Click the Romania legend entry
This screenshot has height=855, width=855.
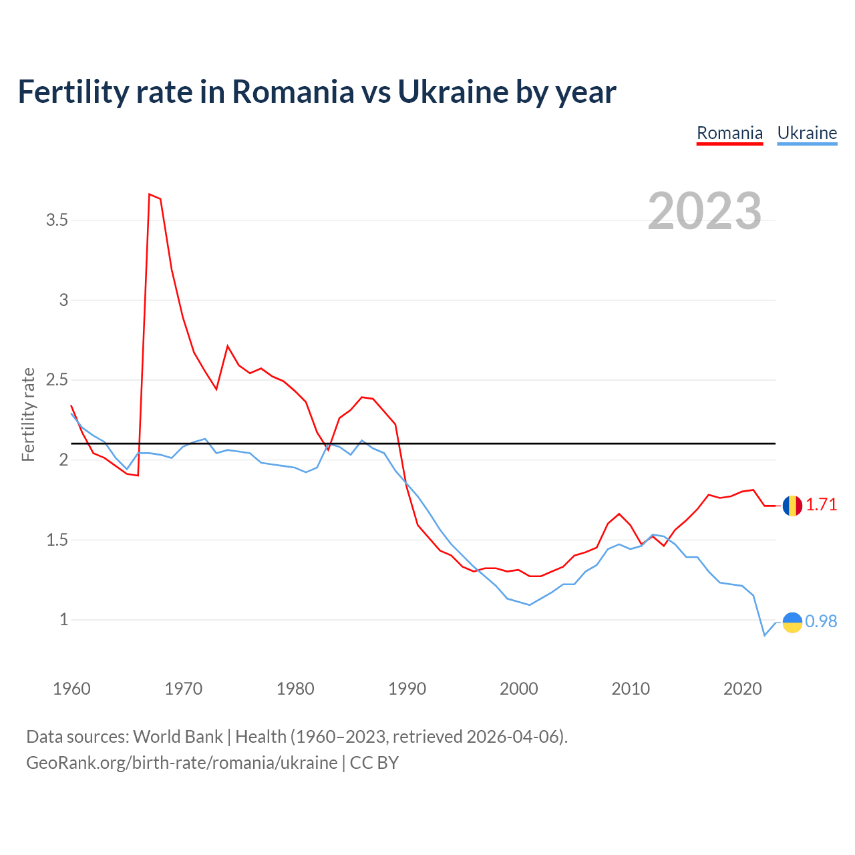[x=729, y=133]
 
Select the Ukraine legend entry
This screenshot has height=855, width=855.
[x=807, y=133]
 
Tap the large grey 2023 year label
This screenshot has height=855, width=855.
[x=705, y=211]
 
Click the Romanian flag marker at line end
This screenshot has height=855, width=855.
[x=792, y=506]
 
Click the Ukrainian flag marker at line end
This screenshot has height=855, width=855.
[x=792, y=622]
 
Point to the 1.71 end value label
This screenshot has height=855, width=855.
[x=821, y=505]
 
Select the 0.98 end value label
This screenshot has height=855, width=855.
[x=821, y=622]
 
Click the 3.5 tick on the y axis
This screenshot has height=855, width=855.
[x=57, y=220]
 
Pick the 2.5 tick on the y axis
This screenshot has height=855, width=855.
[x=57, y=380]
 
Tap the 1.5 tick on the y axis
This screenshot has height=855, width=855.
[x=57, y=540]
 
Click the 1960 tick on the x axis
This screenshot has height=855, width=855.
[x=71, y=689]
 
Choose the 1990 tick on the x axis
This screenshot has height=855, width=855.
[x=407, y=689]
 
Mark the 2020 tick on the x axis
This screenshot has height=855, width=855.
[x=742, y=689]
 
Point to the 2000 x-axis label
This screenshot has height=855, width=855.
[x=518, y=689]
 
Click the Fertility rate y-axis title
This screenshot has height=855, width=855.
[x=28, y=414]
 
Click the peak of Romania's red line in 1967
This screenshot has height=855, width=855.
[x=150, y=194]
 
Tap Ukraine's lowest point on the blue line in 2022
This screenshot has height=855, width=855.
[x=765, y=635]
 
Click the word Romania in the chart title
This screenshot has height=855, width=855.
[x=293, y=92]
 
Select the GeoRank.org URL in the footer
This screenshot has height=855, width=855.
[x=182, y=763]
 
